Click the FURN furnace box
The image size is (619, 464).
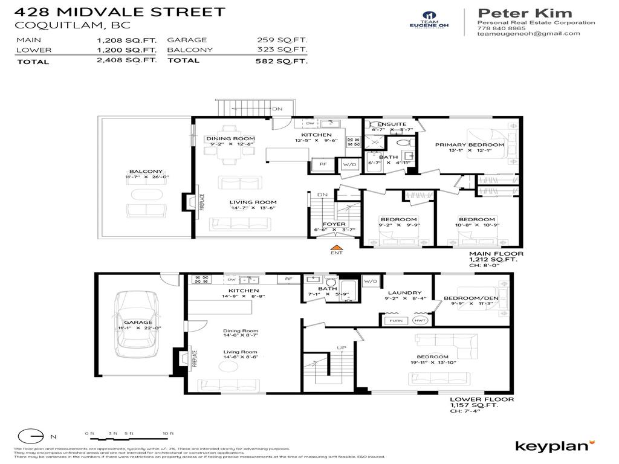click(396, 320)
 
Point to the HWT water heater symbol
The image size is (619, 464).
click(420, 320)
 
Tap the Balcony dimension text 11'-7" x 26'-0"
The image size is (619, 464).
click(147, 177)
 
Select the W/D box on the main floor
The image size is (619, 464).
click(349, 164)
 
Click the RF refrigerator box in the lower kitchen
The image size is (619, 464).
click(289, 279)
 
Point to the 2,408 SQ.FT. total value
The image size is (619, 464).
click(135, 61)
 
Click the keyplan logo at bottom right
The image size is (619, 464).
click(551, 446)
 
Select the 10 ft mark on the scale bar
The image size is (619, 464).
click(168, 434)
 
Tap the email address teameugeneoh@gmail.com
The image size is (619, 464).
click(528, 34)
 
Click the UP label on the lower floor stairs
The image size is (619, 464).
click(342, 349)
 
